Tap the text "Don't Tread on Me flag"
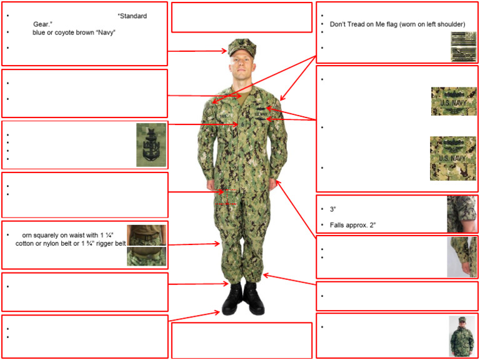tap(363, 24)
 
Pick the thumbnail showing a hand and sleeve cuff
tap(461, 257)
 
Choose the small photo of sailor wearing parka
tap(461, 336)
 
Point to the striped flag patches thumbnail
tap(462, 47)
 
